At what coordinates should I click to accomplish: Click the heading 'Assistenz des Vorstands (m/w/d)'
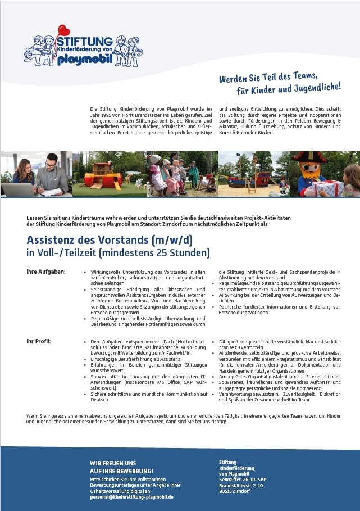click(x=110, y=239)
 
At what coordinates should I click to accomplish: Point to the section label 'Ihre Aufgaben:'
click(x=46, y=272)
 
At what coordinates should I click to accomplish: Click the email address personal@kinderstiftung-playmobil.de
click(x=131, y=497)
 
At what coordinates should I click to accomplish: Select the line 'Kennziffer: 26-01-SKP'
click(x=243, y=479)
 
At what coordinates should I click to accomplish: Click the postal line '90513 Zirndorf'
click(x=235, y=491)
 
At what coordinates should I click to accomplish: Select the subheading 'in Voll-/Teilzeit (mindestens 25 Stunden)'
click(x=118, y=254)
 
